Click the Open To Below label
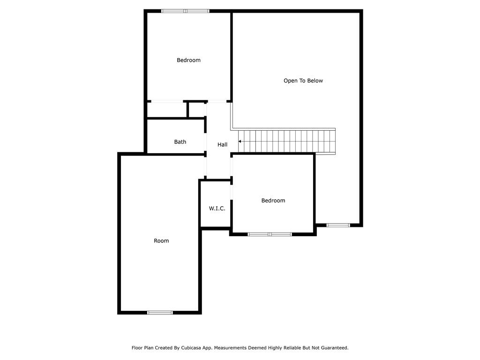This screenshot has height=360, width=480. [x=303, y=81]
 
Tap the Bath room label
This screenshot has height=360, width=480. [x=180, y=142]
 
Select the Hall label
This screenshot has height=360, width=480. [x=222, y=144]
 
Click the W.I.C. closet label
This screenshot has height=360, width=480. [x=217, y=209]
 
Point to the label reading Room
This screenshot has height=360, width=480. [x=161, y=240]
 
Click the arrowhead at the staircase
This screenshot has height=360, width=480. [x=240, y=142]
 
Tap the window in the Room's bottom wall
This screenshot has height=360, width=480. [x=160, y=313]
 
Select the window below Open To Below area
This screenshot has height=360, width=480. [x=338, y=225]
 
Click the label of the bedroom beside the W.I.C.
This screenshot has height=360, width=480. [x=273, y=201]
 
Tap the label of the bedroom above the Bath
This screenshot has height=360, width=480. [x=188, y=60]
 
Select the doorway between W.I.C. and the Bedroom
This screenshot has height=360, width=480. [x=232, y=192]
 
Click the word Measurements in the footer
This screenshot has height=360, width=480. [x=230, y=348]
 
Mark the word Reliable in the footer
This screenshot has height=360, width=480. [x=291, y=348]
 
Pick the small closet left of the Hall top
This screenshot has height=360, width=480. [x=196, y=110]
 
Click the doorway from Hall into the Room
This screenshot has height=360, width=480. [x=205, y=166]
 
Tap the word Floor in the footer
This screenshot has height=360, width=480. [x=137, y=348]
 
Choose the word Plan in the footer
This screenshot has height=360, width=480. [x=149, y=348]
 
